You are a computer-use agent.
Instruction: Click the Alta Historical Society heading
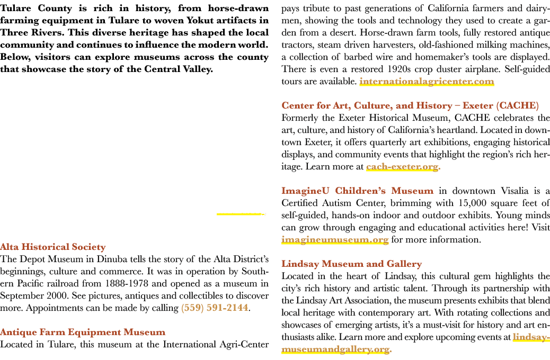pyautogui.click(x=52, y=247)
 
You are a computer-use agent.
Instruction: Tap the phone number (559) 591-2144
pyautogui.click(x=215, y=308)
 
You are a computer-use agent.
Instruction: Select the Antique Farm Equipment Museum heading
pyautogui.click(x=83, y=332)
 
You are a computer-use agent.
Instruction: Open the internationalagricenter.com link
pyautogui.click(x=427, y=82)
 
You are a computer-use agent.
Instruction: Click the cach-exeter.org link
pyautogui.click(x=402, y=167)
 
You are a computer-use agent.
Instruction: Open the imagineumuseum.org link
pyautogui.click(x=335, y=240)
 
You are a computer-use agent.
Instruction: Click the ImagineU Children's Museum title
pyautogui.click(x=358, y=191)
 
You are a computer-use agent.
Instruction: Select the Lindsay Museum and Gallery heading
pyautogui.click(x=351, y=264)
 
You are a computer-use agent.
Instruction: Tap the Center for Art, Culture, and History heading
pyautogui.click(x=410, y=106)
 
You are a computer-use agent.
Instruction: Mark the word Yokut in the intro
pyautogui.click(x=200, y=20)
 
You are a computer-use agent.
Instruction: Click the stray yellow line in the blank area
pyautogui.click(x=241, y=214)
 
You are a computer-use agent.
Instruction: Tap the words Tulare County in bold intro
pyautogui.click(x=36, y=8)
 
